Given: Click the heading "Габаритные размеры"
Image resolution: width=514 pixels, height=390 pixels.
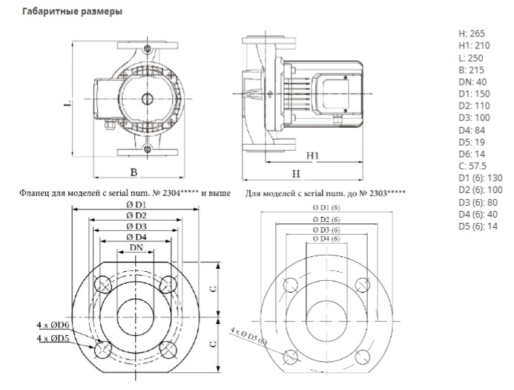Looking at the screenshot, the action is tap(72, 11).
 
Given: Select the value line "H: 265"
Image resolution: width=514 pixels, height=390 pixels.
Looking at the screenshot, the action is tap(472, 33).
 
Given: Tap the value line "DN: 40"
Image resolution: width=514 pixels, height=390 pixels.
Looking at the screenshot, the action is tap(472, 82).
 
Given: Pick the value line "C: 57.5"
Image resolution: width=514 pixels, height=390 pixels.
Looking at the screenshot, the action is tap(472, 166).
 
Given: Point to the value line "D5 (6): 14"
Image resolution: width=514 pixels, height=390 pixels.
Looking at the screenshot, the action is tap(478, 226).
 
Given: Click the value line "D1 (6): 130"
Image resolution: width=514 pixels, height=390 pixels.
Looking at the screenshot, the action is tap(480, 178).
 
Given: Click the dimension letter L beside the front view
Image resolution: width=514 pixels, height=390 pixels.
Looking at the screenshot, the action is tap(67, 103).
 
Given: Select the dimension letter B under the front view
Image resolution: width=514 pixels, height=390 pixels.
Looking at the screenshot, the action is tap(134, 172).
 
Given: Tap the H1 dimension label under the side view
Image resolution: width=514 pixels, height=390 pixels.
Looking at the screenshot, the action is tap(313, 155).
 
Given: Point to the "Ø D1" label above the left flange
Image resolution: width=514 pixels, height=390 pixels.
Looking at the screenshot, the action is tap(136, 205).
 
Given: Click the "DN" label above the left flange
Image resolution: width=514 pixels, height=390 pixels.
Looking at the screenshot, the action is tap(136, 247).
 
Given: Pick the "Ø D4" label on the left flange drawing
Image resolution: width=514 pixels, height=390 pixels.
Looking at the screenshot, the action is tap(136, 237).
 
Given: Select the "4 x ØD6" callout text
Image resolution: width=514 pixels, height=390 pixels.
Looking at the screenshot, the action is tap(53, 325).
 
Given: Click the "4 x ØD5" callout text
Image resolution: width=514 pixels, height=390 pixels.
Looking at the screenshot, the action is tap(53, 337).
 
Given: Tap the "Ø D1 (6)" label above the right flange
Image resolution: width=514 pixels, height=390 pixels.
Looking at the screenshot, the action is tap(326, 208).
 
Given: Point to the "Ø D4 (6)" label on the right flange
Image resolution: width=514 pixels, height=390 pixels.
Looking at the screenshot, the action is tap(326, 238).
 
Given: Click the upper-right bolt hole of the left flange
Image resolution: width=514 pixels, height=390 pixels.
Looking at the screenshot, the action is tap(168, 285).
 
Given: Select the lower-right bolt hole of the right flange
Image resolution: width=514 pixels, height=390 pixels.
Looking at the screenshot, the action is tap(363, 357).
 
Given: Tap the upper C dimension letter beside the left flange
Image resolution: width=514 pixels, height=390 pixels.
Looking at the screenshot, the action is tap(214, 289).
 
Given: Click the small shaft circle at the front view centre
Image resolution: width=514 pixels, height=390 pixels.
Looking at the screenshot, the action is tap(147, 99).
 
